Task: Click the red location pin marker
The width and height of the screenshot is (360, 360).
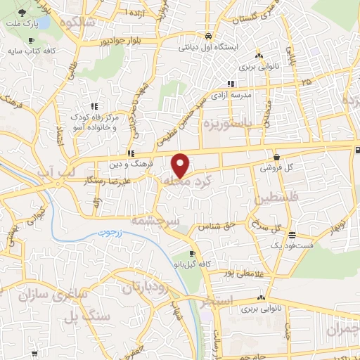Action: (x=181, y=165)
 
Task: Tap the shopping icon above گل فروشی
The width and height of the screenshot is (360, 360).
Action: (x=276, y=157)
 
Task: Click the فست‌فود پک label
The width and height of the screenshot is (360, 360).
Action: (x=290, y=245)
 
